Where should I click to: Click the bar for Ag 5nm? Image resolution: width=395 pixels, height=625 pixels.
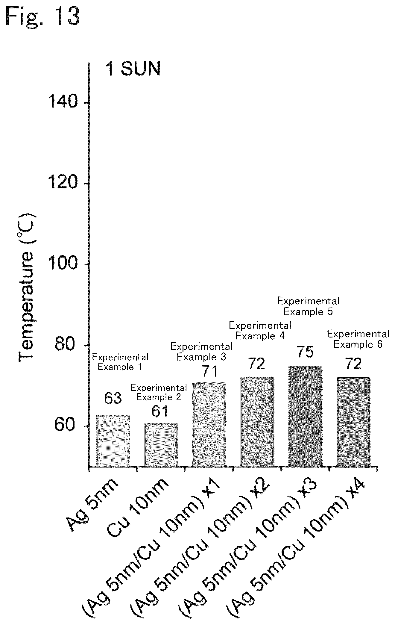click(113, 441)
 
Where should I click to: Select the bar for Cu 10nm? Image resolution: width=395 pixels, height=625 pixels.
click(161, 445)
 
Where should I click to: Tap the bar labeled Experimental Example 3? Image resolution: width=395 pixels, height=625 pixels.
click(209, 424)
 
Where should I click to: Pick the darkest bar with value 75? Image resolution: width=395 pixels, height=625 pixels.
click(305, 416)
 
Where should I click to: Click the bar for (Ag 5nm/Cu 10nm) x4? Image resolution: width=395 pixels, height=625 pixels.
click(353, 422)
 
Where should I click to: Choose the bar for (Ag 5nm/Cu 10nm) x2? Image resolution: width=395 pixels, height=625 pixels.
click(257, 421)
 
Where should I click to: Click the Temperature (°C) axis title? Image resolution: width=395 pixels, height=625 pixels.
click(27, 288)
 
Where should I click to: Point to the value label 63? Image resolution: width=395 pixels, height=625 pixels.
click(113, 399)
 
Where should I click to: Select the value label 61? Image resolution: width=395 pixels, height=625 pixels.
click(160, 411)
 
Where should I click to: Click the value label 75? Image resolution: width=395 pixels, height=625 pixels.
click(305, 352)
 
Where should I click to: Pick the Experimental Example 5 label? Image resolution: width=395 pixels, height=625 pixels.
click(308, 306)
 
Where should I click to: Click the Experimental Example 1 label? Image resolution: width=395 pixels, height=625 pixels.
click(120, 362)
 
